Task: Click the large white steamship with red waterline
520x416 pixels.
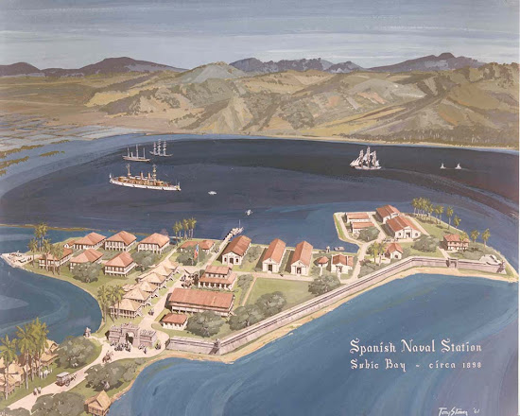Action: pyautogui.click(x=144, y=179)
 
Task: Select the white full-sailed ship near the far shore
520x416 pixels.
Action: pyautogui.click(x=365, y=159)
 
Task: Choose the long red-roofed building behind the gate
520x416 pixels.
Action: pyautogui.click(x=199, y=301)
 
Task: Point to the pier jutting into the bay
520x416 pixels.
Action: pyautogui.click(x=233, y=231)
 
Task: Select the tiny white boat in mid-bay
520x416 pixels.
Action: pyautogui.click(x=212, y=193)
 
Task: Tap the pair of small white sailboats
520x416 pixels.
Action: pyautogui.click(x=449, y=166)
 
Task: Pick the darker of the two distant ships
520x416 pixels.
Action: pyautogui.click(x=136, y=153)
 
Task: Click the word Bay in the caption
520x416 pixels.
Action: pyautogui.click(x=401, y=365)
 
